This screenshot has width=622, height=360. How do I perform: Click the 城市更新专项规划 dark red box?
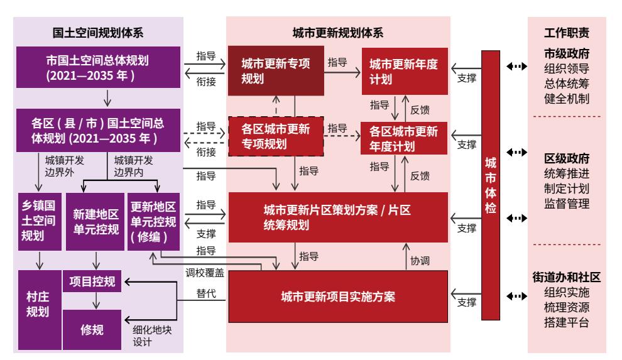276,70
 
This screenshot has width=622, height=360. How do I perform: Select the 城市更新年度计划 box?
405,72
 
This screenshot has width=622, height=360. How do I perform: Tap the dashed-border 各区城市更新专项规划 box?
276,136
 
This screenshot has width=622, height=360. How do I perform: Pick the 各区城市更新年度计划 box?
403,138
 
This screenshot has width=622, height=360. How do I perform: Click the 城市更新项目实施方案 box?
338,297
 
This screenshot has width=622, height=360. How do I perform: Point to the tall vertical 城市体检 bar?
491,185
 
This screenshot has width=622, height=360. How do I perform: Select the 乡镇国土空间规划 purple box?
40,222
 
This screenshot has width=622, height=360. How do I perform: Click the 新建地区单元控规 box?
95,222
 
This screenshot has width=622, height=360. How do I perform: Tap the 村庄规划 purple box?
40,310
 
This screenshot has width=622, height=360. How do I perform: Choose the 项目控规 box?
92,281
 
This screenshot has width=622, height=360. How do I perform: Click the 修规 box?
92,329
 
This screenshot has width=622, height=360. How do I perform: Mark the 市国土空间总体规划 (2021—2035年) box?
98,67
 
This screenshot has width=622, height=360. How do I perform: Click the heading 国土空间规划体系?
98,33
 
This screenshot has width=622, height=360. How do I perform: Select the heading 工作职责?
567,33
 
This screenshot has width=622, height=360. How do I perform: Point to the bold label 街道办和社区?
567,277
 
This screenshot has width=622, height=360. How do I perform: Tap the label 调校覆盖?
205,273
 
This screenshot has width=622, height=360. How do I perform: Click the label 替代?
206,293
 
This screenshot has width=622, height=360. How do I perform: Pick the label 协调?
420,261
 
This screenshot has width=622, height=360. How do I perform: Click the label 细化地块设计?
152,336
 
